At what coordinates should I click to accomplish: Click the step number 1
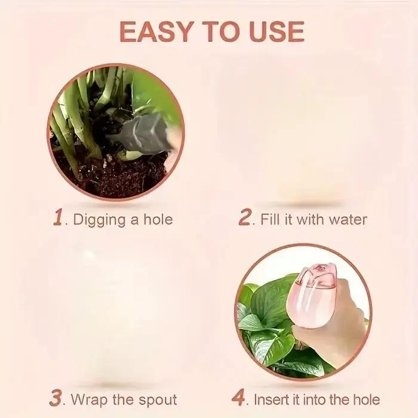(x=59, y=217)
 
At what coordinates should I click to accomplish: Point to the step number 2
(x=244, y=217)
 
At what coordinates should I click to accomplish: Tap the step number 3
(x=56, y=398)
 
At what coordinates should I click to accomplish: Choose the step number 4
(x=238, y=398)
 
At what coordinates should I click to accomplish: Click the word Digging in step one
(x=99, y=220)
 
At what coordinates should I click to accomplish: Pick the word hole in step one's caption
(x=158, y=219)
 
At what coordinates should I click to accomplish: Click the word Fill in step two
(x=271, y=219)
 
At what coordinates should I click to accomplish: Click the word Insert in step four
(x=271, y=399)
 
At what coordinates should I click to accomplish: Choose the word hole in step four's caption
(x=367, y=399)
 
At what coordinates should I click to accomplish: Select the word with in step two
(x=310, y=219)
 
